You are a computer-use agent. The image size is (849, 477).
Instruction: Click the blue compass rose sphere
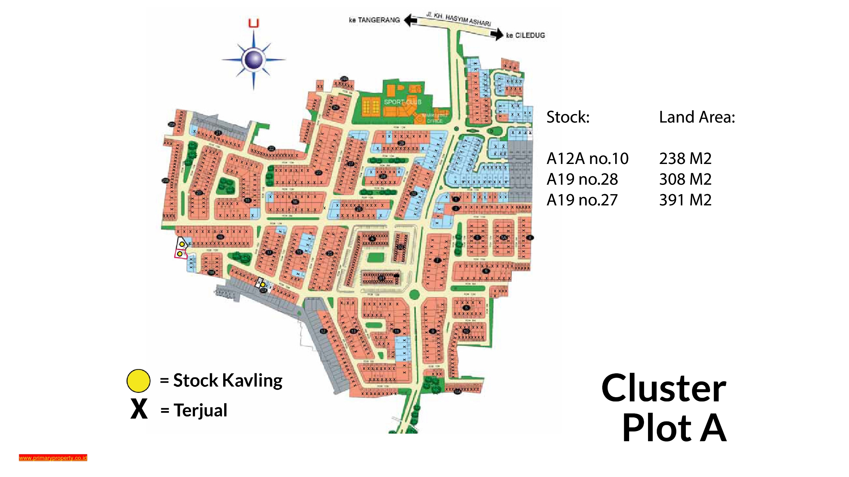pos(254,60)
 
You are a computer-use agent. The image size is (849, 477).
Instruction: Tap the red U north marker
pos(254,23)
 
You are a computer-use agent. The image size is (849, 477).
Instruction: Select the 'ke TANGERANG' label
pos(374,20)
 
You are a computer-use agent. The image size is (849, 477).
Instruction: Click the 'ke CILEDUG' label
pos(525,35)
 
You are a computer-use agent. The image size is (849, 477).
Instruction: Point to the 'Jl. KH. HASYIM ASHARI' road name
pos(458,19)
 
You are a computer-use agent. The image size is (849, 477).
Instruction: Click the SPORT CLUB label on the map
pos(403,102)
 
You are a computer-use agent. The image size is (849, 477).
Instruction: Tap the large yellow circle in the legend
pos(138,381)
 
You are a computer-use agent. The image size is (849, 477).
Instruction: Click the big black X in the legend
pos(139,409)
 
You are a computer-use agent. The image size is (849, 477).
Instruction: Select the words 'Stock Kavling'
pos(228,380)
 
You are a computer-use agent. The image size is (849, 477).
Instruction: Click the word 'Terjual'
pos(200,410)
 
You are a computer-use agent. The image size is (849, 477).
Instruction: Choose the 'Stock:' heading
pos(568,117)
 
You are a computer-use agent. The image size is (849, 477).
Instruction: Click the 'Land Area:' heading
pos(697,117)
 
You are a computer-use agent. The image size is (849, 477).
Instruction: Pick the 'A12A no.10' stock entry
pos(587,158)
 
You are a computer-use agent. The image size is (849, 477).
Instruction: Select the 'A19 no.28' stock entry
pos(582,179)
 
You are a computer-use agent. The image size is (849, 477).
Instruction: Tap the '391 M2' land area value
pos(685,200)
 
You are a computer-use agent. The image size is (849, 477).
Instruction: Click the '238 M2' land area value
pos(685,158)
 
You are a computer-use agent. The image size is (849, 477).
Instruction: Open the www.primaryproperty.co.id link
pos(53,458)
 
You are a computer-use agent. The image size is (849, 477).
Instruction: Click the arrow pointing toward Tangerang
pos(411,20)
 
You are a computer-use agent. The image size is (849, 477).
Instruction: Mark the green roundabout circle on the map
pos(414,294)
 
